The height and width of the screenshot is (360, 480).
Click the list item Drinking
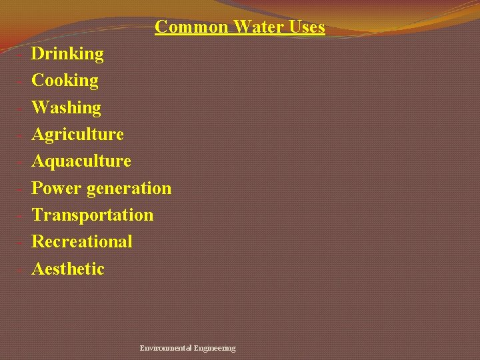(x=67, y=54)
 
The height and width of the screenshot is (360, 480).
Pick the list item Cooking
(x=65, y=81)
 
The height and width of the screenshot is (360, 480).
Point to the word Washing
(x=66, y=108)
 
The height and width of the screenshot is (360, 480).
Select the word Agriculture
(x=77, y=135)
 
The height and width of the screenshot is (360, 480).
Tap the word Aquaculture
(x=81, y=161)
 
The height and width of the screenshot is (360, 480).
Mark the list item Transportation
(x=92, y=215)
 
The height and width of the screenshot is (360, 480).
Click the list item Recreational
(x=82, y=242)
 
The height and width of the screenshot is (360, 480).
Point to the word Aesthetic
(x=68, y=269)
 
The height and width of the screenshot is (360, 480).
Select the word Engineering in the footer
(x=214, y=348)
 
